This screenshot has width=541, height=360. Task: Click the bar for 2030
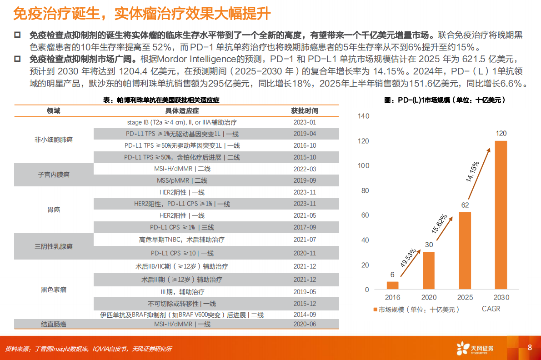[x=501, y=215]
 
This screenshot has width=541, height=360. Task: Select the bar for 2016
[x=392, y=285]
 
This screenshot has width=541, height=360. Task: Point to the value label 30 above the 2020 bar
[x=429, y=245]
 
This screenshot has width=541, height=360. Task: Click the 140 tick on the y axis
[x=364, y=116]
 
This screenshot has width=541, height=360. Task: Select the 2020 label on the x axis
[x=429, y=298]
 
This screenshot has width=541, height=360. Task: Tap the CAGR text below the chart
[x=491, y=309]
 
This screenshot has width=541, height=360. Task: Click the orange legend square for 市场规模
[x=376, y=310]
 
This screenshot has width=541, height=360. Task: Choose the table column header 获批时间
[x=305, y=111]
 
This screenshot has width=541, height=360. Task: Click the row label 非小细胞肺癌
[x=54, y=140]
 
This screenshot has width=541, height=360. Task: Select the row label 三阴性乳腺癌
[x=54, y=246]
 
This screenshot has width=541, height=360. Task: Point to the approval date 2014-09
[x=305, y=315]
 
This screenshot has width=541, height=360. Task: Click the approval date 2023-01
[x=305, y=122]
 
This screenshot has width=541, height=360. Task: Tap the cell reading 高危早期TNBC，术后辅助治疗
[x=182, y=240]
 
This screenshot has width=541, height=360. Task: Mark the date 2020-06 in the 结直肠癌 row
[x=305, y=324]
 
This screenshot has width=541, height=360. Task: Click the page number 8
[x=530, y=348]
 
